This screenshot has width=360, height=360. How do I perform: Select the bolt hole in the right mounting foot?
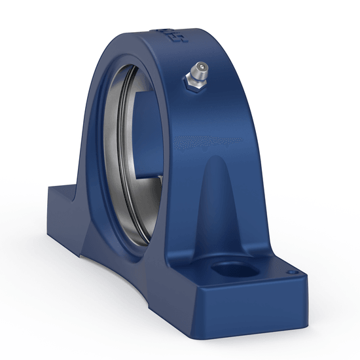click(230, 268)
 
